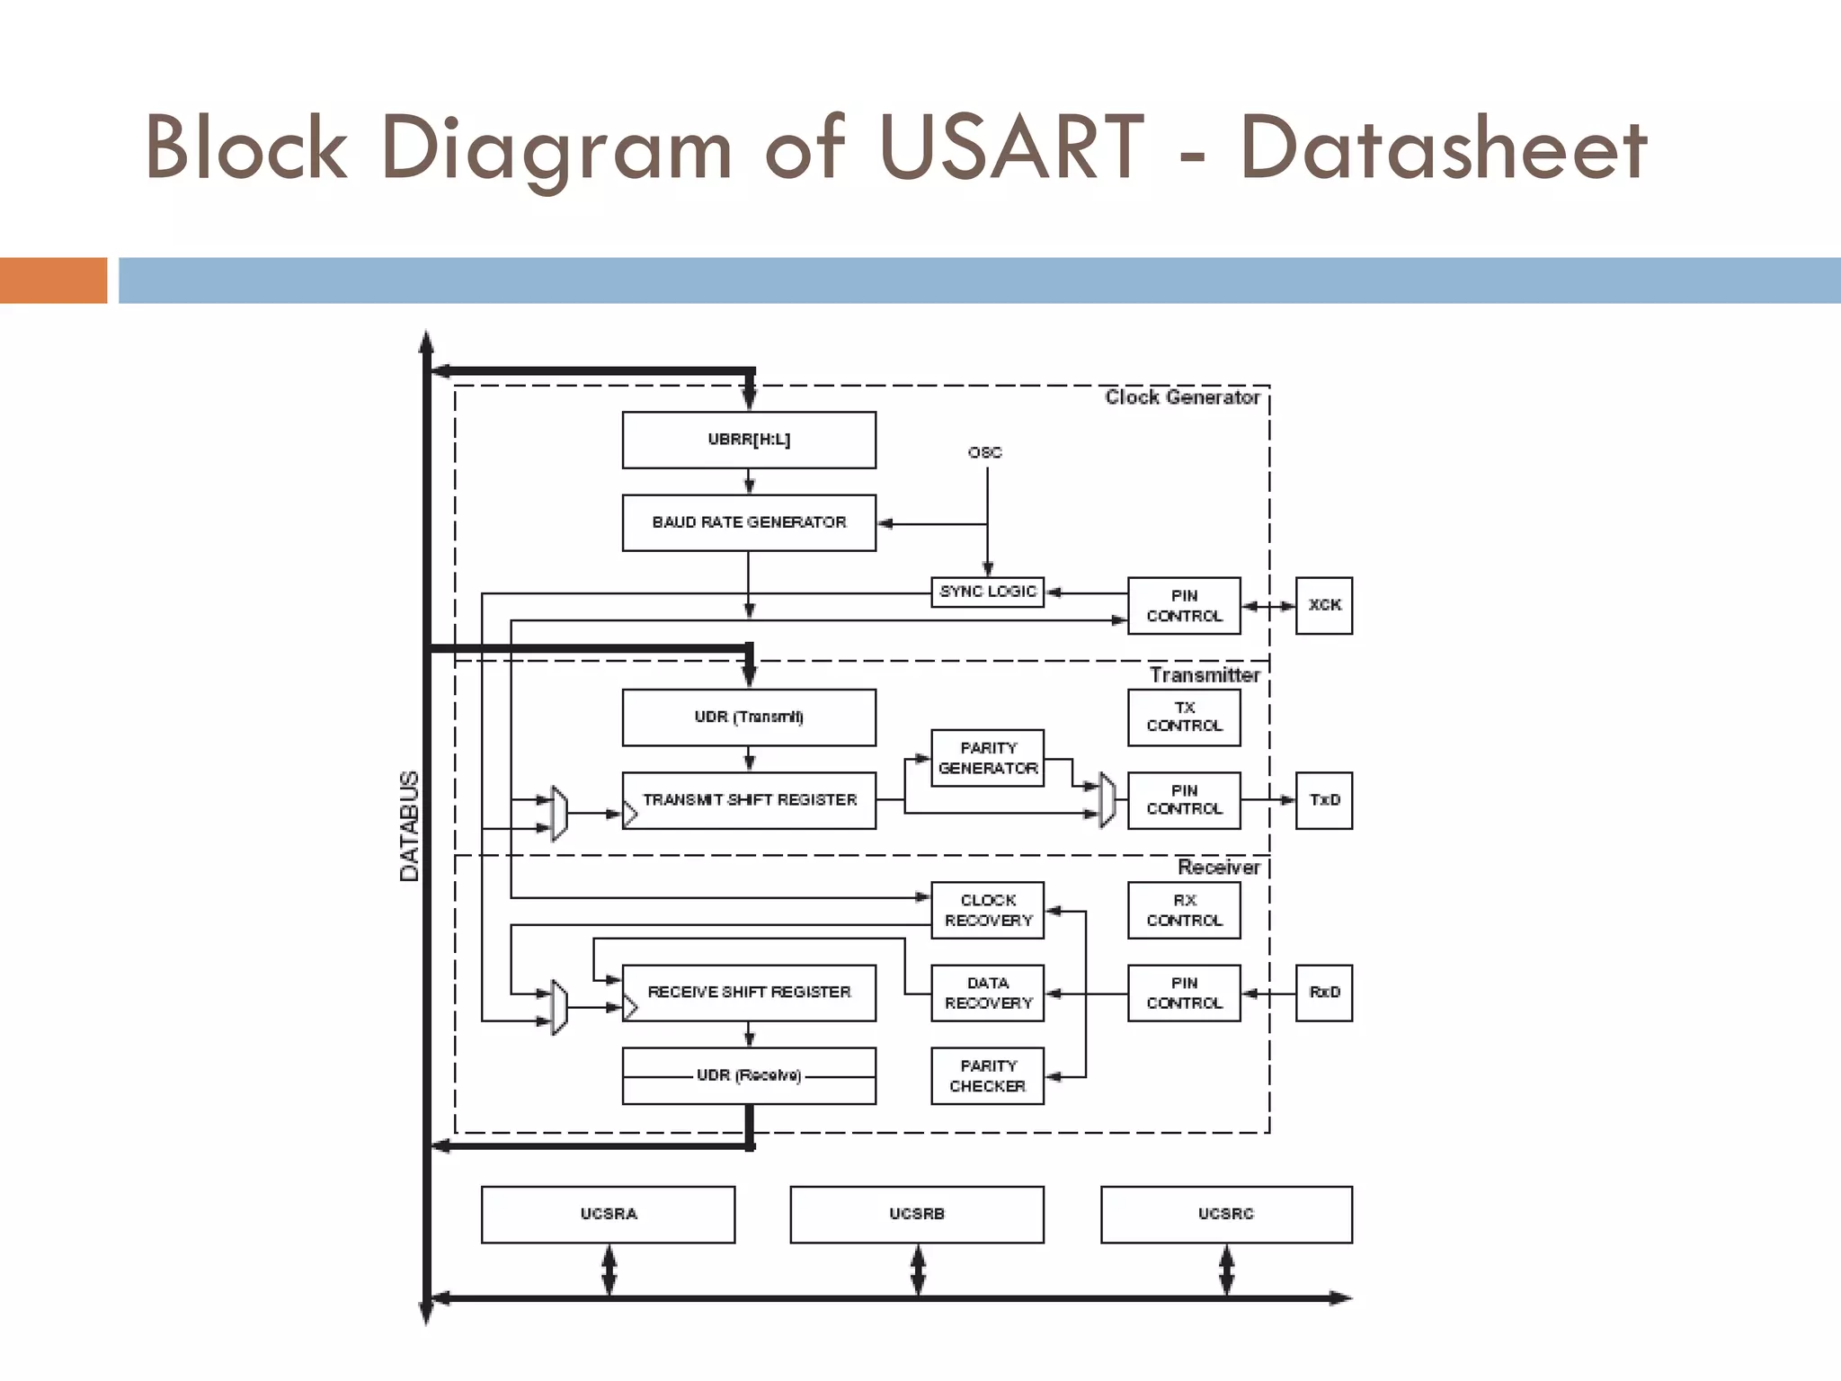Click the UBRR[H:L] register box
(749, 440)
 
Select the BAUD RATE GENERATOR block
(749, 522)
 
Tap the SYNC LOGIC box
(987, 592)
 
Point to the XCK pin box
(1323, 605)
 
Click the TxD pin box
(1323, 799)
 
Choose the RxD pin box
(1323, 993)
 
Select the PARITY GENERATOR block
(987, 758)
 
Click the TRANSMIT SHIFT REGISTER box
(749, 800)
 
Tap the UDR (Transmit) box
(749, 717)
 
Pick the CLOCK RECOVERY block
(987, 910)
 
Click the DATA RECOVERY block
(987, 993)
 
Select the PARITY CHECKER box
(987, 1075)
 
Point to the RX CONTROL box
(1184, 910)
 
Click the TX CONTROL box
(1184, 717)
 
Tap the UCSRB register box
(917, 1214)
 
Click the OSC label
(984, 452)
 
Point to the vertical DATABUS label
(409, 825)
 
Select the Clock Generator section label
(1181, 397)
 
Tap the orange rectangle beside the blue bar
(53, 280)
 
